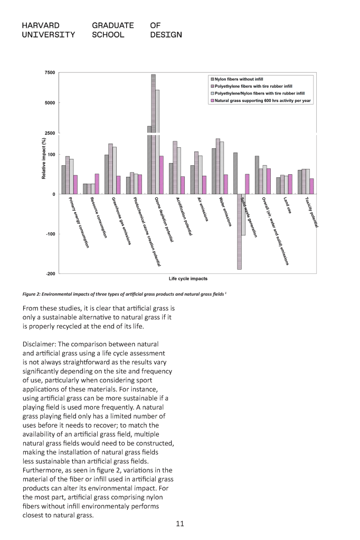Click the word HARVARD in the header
point(41,25)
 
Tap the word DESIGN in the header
point(166,35)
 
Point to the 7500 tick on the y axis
point(49,72)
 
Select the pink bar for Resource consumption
point(97,184)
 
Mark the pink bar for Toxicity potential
point(311,186)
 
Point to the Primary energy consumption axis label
point(79,222)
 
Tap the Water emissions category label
point(225,212)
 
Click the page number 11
point(179,524)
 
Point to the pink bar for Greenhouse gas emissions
point(118,185)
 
